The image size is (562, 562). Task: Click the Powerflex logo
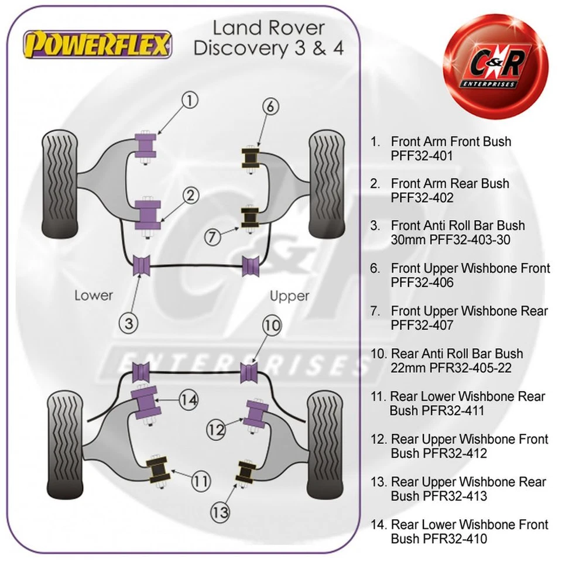[97, 44]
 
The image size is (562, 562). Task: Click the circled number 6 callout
[270, 107]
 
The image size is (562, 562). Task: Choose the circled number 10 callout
[272, 327]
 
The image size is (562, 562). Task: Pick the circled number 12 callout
[216, 430]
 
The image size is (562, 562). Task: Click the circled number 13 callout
[221, 513]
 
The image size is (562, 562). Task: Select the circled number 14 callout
[189, 400]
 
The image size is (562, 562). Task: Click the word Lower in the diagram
[93, 295]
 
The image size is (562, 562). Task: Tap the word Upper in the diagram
[289, 296]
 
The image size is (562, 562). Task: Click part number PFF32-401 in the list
[421, 156]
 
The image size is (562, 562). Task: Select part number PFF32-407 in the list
[421, 325]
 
